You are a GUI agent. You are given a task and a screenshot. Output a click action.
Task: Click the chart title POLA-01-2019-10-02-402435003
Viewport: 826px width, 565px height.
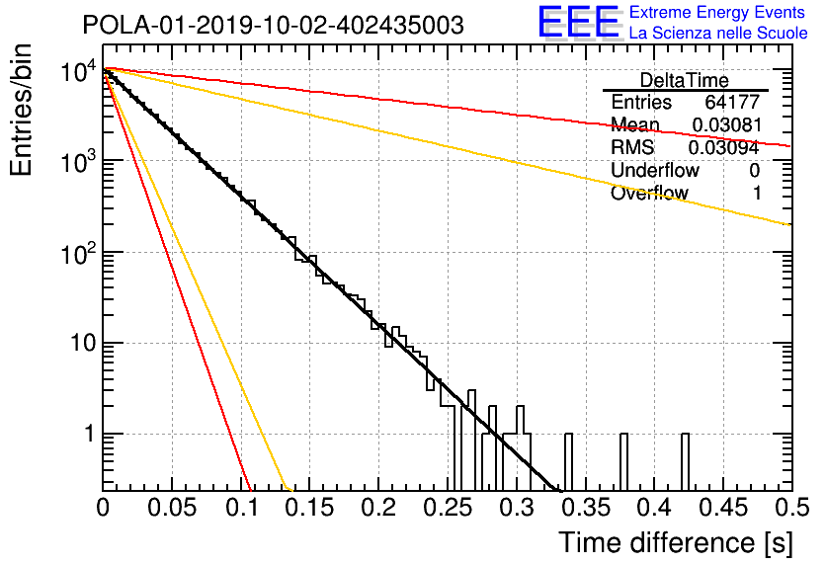273,25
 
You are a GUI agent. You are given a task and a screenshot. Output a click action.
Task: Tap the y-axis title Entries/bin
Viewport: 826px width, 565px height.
21,110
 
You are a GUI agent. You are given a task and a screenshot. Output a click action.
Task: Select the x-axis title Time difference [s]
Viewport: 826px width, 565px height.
676,542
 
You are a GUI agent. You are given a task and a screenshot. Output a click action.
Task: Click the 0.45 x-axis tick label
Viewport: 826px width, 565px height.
723,508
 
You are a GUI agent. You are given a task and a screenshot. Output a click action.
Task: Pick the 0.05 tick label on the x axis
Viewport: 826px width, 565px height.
172,508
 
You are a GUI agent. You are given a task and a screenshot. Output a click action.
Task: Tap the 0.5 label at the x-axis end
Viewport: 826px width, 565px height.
791,508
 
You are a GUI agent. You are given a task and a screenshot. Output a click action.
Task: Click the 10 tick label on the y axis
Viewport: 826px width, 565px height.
83,344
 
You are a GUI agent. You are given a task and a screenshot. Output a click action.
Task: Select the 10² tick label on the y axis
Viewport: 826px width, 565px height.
78,253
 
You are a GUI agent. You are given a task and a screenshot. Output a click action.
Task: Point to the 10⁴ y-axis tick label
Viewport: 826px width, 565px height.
78,70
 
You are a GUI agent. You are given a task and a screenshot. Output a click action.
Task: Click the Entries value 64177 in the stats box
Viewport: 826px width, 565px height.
732,102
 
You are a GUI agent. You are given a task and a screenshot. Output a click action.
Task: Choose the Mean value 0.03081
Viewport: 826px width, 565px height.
727,124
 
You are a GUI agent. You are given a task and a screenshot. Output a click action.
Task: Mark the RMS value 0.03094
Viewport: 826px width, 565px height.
724,148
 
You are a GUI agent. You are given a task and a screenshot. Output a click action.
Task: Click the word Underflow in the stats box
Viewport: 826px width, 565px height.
655,170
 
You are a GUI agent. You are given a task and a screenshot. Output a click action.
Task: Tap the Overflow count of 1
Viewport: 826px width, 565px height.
757,194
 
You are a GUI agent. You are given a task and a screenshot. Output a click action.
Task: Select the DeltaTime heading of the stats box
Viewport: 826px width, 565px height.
685,80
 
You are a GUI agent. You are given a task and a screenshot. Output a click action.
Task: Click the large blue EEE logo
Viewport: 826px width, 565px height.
578,22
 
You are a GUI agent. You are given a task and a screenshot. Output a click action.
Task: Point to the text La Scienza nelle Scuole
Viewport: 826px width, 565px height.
718,34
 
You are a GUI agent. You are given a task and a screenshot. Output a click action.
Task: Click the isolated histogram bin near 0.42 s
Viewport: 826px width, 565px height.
685,462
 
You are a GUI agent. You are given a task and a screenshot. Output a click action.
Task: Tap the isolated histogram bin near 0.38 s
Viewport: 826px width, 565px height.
623,462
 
